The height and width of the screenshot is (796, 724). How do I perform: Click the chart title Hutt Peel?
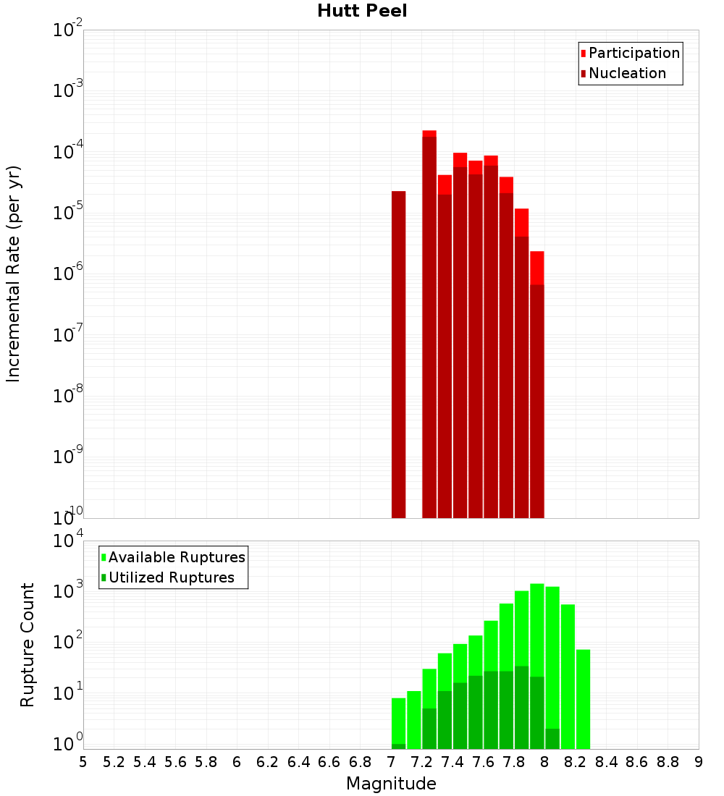(x=362, y=11)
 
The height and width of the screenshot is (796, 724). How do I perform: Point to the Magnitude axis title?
(x=391, y=784)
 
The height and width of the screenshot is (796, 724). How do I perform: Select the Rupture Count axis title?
(x=28, y=644)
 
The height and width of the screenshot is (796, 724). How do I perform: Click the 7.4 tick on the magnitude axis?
(x=452, y=762)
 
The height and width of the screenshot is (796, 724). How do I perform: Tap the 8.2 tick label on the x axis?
(x=576, y=762)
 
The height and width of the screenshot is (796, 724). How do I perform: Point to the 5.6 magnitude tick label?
(x=175, y=762)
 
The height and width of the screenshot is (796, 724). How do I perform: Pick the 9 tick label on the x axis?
(x=699, y=762)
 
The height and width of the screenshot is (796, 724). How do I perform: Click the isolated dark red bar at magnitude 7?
(x=398, y=355)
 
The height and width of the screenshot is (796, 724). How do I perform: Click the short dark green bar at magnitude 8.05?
(x=552, y=739)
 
